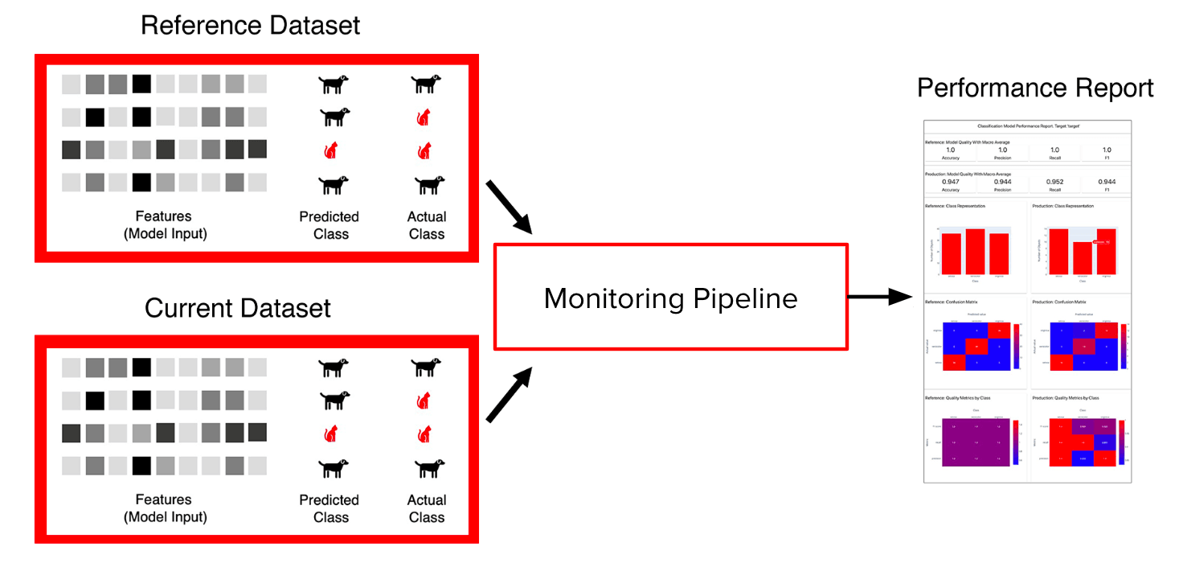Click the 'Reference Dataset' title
coord(250,26)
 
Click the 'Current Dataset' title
coord(238,308)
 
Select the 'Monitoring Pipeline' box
coord(670,298)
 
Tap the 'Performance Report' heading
coord(1035,88)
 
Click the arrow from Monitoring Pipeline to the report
coord(880,298)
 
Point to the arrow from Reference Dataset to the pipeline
coord(509,208)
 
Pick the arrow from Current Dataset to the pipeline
coord(509,395)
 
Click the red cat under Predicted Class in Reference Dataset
coord(330,150)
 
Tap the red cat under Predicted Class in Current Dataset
coord(330,434)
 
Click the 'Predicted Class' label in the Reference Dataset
coord(330,225)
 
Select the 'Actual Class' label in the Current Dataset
coord(426,508)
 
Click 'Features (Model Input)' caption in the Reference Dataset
coord(164,225)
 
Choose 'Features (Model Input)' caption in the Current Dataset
coord(164,508)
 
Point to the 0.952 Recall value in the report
coord(1054,182)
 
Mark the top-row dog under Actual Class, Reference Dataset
coord(426,82)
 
